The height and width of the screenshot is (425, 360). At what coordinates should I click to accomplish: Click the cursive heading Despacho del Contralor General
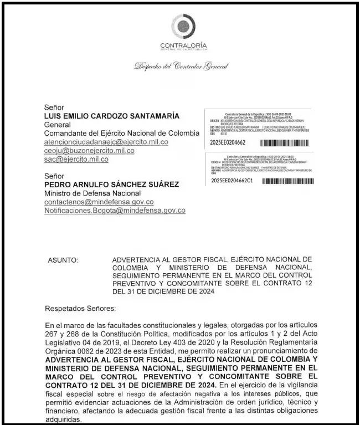coord(181,66)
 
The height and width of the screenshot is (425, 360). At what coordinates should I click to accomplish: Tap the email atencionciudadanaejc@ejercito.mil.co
coord(106,142)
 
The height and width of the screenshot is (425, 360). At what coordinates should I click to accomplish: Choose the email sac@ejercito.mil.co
coord(76,159)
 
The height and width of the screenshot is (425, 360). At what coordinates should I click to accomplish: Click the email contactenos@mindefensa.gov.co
coord(99,202)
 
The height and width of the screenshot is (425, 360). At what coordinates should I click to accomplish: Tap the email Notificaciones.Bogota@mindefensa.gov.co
coord(115,211)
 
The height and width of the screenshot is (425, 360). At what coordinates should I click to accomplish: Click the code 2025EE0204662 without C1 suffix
coord(228,142)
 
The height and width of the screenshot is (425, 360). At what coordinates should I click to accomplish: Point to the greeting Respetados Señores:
coord(80,308)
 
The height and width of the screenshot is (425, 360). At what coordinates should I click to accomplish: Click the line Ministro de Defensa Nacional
coord(91,193)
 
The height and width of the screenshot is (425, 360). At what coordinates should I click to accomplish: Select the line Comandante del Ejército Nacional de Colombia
coord(121,134)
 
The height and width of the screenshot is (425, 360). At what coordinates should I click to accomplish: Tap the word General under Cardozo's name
coord(57,125)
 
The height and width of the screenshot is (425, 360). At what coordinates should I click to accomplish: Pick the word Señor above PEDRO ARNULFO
coord(54,176)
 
